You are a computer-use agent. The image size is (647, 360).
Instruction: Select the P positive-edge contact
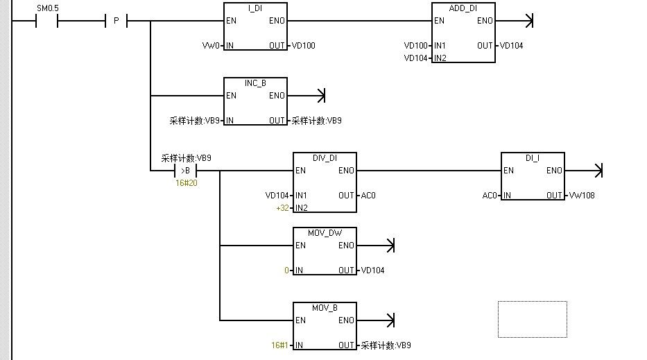pyautogui.click(x=116, y=21)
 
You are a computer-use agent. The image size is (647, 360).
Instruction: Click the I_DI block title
pyautogui.click(x=255, y=8)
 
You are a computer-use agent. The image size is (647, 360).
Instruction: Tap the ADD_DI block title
pyautogui.click(x=463, y=8)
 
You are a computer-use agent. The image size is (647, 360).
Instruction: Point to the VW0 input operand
pyautogui.click(x=210, y=46)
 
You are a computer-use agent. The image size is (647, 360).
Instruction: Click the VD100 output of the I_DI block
pyautogui.click(x=303, y=46)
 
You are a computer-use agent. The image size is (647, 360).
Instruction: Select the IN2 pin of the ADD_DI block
pyautogui.click(x=440, y=58)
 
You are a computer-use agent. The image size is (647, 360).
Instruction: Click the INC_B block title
pyautogui.click(x=255, y=83)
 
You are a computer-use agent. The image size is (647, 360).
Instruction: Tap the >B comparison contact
pyautogui.click(x=185, y=171)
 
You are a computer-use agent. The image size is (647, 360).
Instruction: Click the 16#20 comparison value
pyautogui.click(x=186, y=183)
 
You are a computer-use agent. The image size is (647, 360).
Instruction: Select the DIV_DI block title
pyautogui.click(x=325, y=158)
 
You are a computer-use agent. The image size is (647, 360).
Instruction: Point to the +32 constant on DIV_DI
pyautogui.click(x=282, y=208)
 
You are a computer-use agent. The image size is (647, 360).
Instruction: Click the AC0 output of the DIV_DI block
pyautogui.click(x=368, y=196)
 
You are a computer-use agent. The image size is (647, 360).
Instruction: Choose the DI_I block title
pyautogui.click(x=533, y=158)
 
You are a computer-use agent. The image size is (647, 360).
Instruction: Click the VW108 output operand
pyautogui.click(x=581, y=196)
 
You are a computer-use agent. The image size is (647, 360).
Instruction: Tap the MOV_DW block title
pyautogui.click(x=325, y=233)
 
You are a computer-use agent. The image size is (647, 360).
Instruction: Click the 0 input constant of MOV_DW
pyautogui.click(x=286, y=271)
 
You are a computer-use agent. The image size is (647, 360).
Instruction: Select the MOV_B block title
pyautogui.click(x=325, y=308)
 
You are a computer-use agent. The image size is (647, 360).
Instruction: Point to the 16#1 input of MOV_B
pyautogui.click(x=279, y=345)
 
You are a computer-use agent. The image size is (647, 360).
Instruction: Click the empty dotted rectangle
pyautogui.click(x=532, y=319)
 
